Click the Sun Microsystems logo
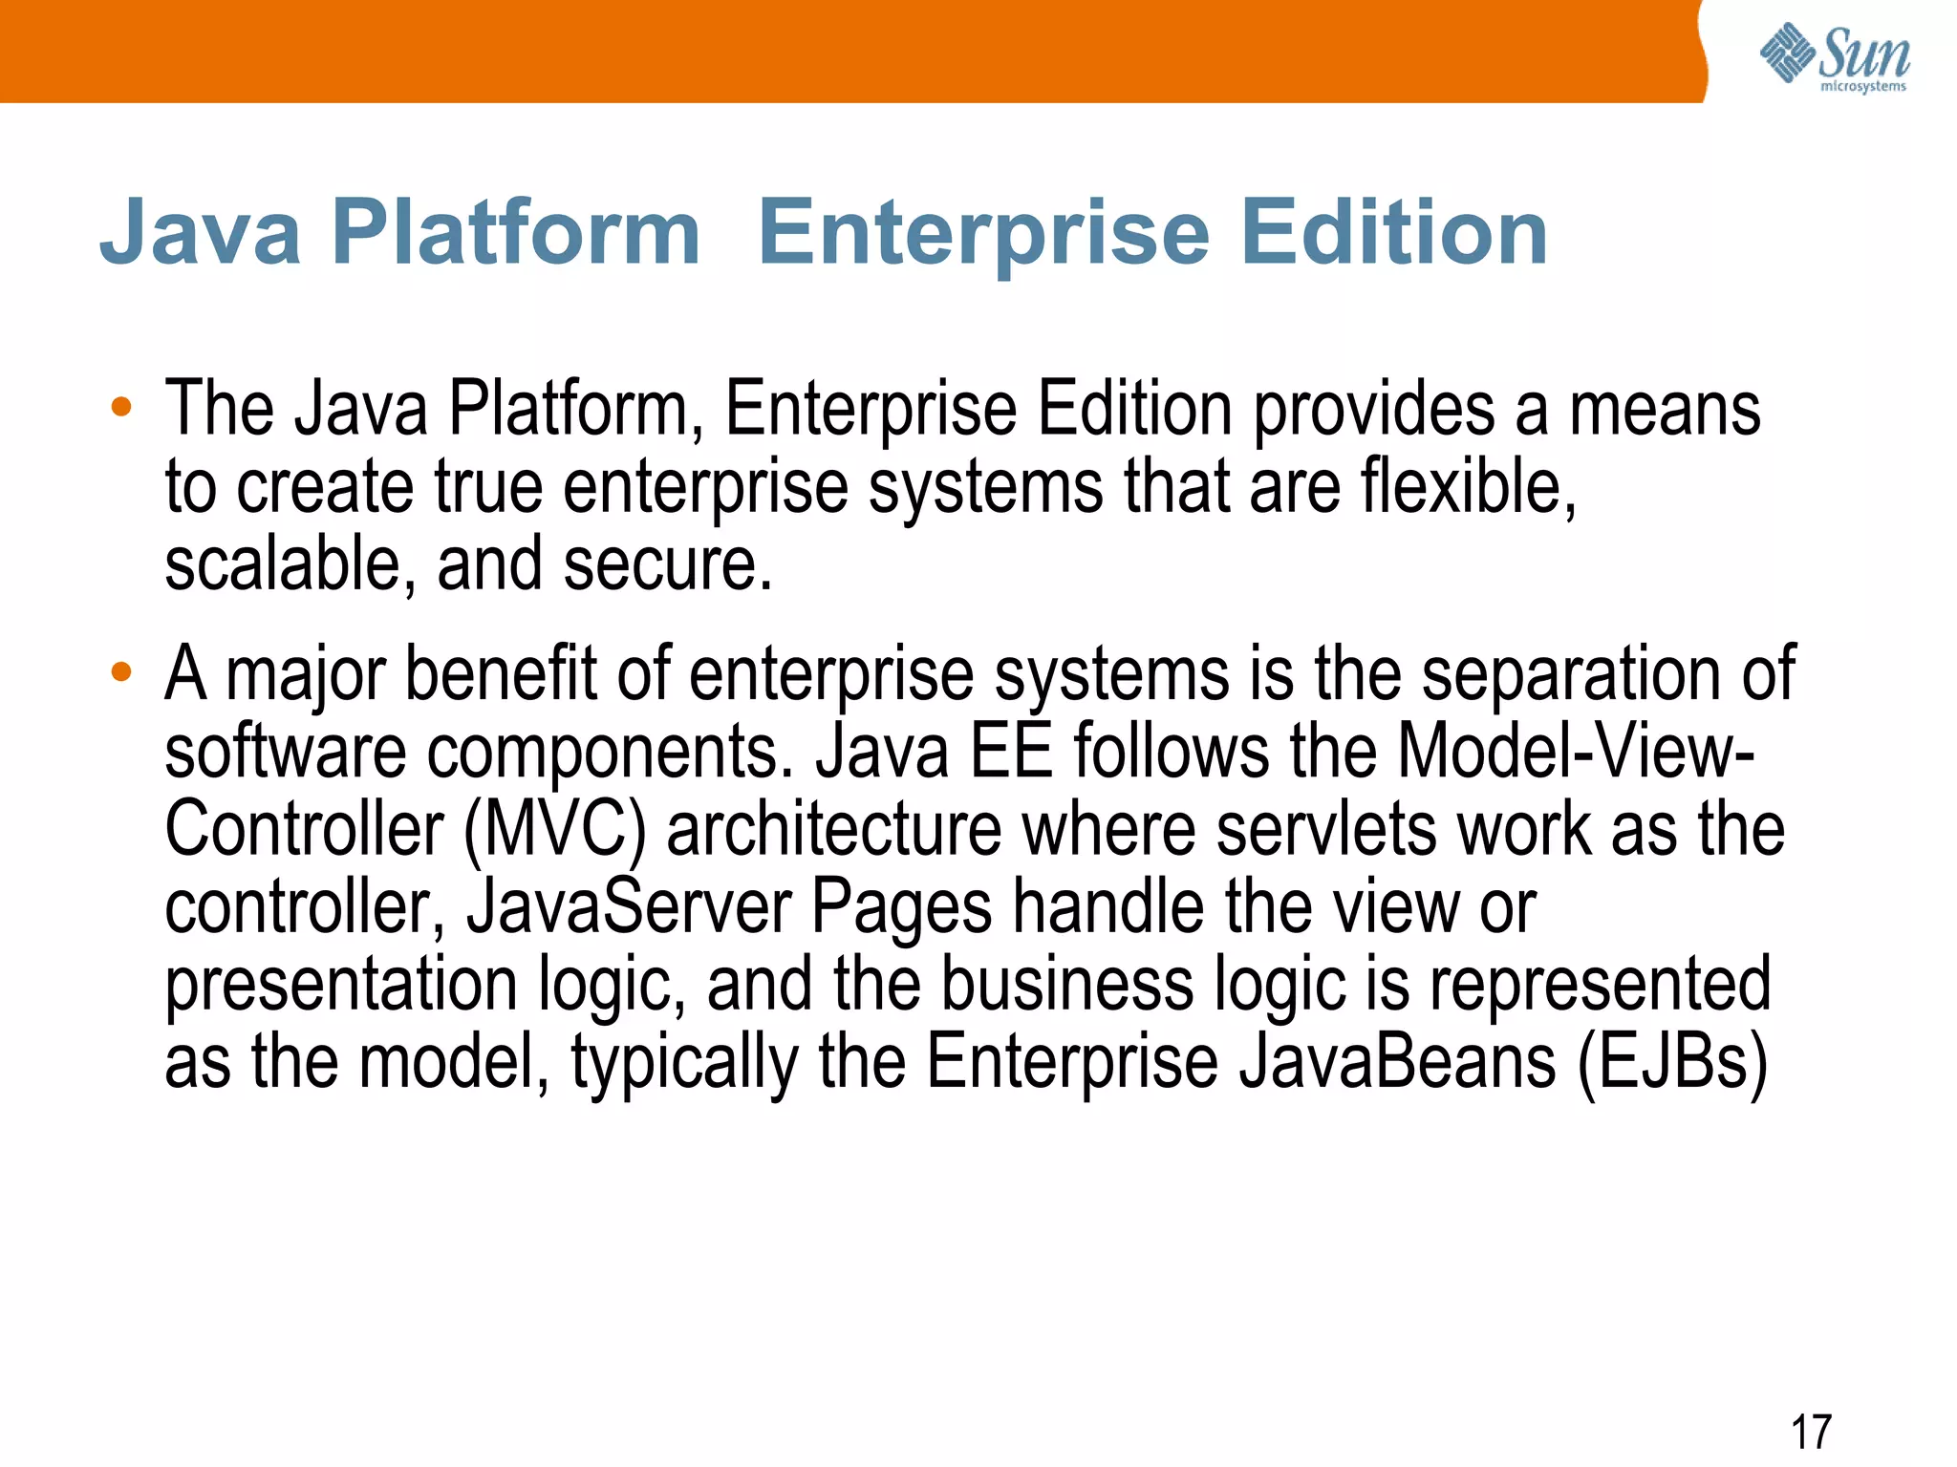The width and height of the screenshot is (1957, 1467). click(1834, 57)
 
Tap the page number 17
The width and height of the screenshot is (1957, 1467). click(1811, 1433)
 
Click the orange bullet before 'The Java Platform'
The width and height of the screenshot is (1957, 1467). click(120, 408)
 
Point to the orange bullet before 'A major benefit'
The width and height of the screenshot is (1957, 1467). click(120, 672)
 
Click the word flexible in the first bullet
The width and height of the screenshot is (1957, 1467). click(1468, 487)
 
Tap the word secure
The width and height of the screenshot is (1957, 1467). click(666, 564)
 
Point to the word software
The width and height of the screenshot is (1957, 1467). click(285, 752)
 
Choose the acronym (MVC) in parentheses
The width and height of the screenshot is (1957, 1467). click(555, 830)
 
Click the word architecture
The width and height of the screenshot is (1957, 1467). click(834, 830)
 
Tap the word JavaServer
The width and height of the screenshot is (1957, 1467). click(629, 907)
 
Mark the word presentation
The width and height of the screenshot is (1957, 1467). click(341, 985)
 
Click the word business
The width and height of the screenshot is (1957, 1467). click(1067, 985)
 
